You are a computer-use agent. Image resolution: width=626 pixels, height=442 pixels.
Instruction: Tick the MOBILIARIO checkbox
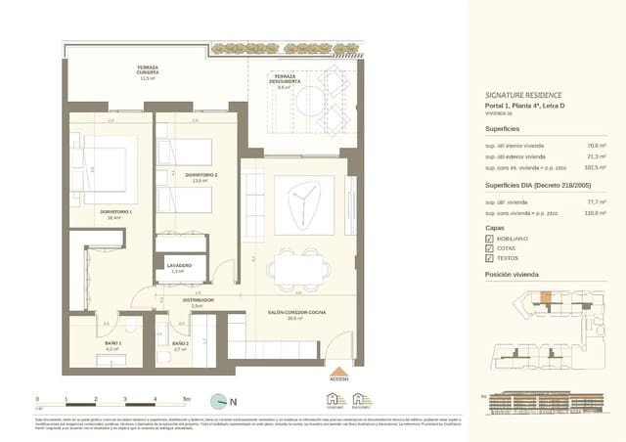[489, 238]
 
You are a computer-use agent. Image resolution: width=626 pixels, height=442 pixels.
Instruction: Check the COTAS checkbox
[489, 248]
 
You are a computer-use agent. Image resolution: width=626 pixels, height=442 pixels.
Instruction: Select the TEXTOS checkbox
[489, 260]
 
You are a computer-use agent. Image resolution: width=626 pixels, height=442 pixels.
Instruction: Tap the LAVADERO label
[178, 265]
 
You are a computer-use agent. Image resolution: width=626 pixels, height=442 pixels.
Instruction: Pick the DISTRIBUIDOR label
[198, 300]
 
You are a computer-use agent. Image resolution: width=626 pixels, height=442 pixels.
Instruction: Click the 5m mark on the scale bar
[187, 400]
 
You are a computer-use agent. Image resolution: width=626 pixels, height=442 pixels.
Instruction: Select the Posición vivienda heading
[512, 276]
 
